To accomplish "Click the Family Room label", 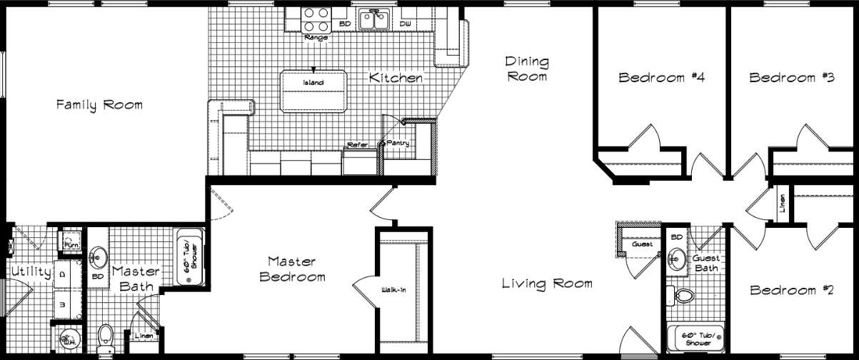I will pos(99,105).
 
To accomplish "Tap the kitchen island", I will pos(313,91).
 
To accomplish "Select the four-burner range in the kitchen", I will pos(316,17).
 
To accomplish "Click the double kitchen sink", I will pos(373,19).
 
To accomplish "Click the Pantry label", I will pos(398,144).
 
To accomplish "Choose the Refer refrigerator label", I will pos(357,145).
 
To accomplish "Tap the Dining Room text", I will pos(527,69).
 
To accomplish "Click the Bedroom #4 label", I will pos(662,77).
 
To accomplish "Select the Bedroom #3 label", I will pos(792,77).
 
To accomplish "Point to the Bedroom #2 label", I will pos(792,291).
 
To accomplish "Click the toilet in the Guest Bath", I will pos(681,294).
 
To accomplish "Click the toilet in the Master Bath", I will pos(105,335).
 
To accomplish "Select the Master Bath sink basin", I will pos(99,256).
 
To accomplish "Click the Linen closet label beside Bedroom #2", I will pos(782,204).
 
